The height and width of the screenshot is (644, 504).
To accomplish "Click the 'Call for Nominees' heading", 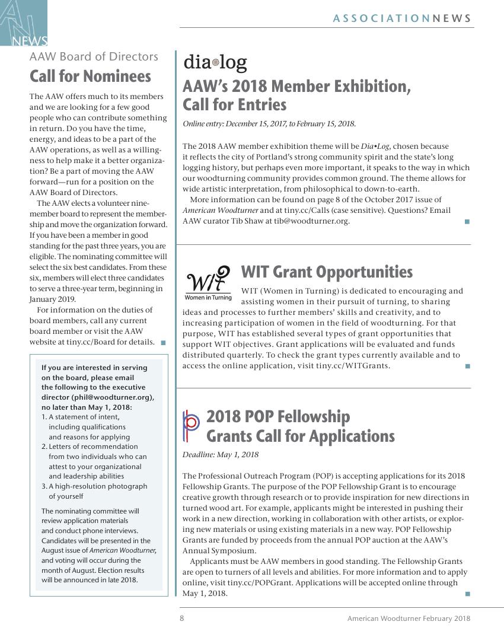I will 90,76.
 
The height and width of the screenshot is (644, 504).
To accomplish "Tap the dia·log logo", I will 215,62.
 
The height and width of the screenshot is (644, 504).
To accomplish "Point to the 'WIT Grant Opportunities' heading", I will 327,272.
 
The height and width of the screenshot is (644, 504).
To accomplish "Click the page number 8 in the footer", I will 182,619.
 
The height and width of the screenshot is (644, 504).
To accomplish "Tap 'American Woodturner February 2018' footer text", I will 409,619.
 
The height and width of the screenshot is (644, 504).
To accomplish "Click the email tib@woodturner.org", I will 311,221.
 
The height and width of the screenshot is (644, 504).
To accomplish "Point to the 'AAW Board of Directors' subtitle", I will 94,57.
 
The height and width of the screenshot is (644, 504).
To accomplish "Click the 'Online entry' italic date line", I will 269,124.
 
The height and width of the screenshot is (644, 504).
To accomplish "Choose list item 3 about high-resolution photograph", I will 94,491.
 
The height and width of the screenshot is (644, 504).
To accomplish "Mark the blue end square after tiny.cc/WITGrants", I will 467,366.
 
